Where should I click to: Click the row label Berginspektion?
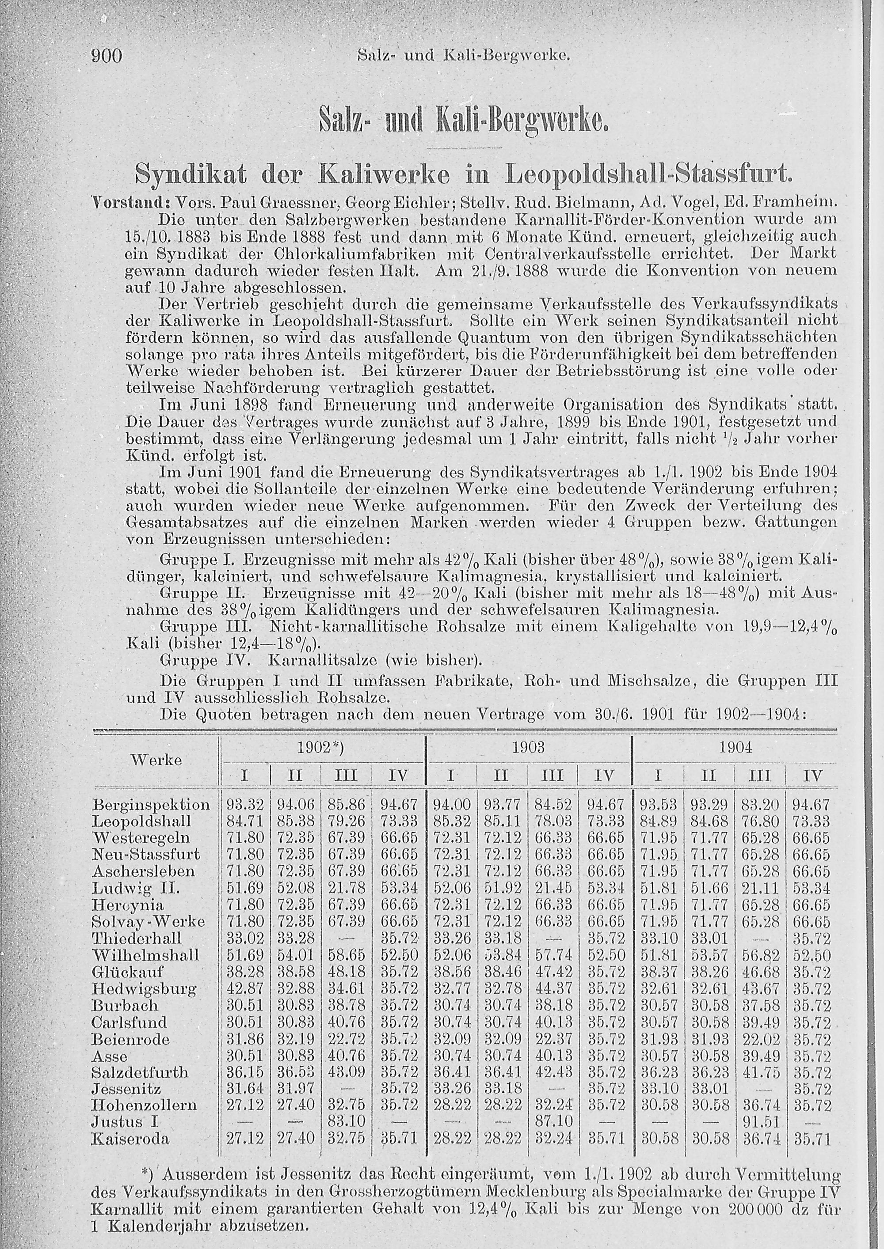pos(151,804)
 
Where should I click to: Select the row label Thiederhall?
pos(137,939)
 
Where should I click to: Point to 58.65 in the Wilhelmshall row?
pos(346,955)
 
